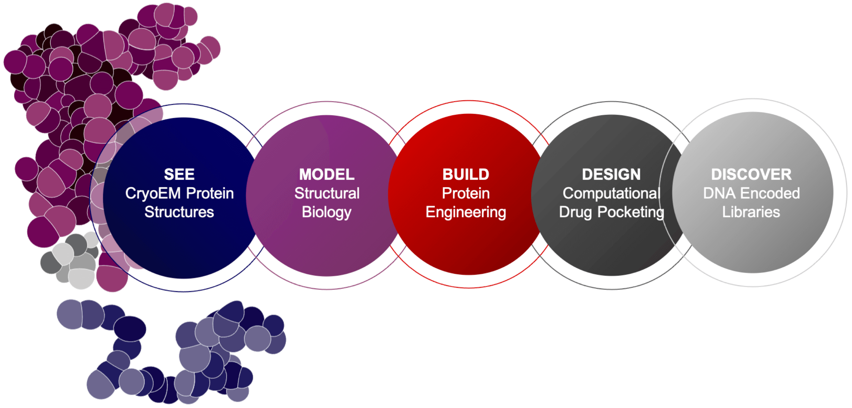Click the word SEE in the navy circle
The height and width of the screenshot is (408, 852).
coord(179,174)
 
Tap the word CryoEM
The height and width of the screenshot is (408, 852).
coord(153,193)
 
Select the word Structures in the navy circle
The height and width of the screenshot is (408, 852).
coord(179,212)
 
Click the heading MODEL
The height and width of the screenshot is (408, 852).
coord(327,174)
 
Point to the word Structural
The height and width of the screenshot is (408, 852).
coord(327,193)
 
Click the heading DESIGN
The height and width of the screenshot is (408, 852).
coord(611,174)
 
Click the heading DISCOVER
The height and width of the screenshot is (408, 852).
coord(752,174)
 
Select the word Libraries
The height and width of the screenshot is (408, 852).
coord(751,212)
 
